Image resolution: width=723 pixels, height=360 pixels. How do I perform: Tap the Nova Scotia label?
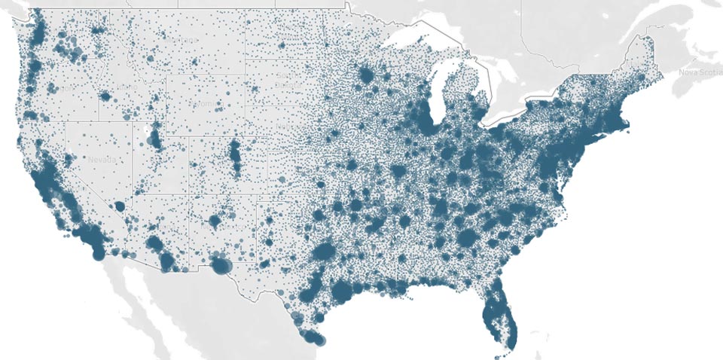tap(699, 72)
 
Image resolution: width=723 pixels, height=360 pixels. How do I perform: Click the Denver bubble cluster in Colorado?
tap(235, 154)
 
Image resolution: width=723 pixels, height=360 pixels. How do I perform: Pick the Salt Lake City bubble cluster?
tap(156, 138)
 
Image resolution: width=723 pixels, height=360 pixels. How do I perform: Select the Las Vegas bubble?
tap(119, 206)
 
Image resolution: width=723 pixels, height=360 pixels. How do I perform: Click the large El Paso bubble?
tap(221, 265)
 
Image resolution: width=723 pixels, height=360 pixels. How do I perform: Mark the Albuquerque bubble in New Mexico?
tap(214, 221)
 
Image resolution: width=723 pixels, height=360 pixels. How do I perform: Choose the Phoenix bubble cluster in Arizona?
tap(155, 244)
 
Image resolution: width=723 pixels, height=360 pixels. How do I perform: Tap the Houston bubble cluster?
tap(343, 291)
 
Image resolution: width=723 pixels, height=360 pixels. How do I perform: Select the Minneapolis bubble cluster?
tap(368, 75)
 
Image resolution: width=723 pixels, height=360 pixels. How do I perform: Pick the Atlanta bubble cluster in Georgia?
tap(466, 237)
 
